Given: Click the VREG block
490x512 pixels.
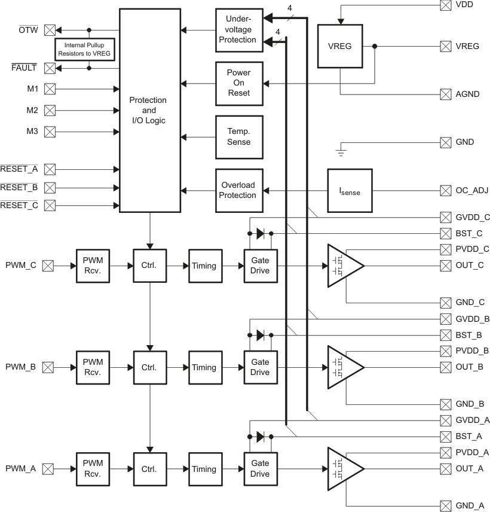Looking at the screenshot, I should pos(339,46).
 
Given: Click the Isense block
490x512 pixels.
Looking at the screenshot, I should pos(350,191).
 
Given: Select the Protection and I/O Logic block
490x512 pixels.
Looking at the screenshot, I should pos(149,110).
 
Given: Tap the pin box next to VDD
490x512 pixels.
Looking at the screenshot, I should pos(445,5).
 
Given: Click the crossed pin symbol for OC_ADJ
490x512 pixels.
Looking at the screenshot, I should pos(445,191).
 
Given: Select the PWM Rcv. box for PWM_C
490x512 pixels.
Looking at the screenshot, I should pos(93,266).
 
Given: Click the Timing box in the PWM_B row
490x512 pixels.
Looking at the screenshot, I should pos(204,367).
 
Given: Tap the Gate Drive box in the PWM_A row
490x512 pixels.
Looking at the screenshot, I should pos(260,469).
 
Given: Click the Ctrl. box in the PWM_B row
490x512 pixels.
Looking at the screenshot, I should pos(149,367).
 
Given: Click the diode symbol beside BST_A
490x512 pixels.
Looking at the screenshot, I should pos(261,437).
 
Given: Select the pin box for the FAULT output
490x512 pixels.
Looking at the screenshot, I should pos(50,68).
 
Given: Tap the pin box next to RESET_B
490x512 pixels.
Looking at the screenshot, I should pos(50,188).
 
